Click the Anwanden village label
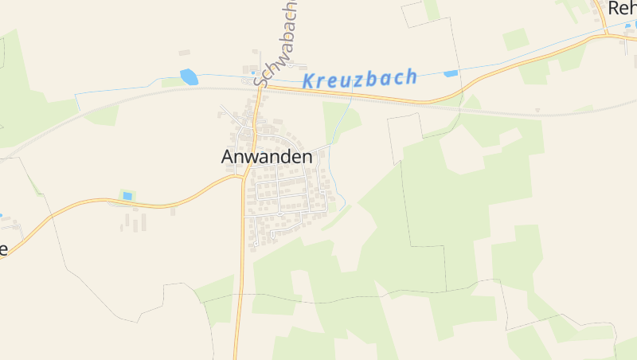click(x=266, y=157)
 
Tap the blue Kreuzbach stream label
click(x=360, y=78)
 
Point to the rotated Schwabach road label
click(x=275, y=44)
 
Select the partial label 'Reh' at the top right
click(x=622, y=8)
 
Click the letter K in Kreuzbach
click(x=309, y=80)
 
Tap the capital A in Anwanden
click(x=229, y=157)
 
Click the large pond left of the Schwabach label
click(x=190, y=76)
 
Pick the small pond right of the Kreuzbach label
click(x=451, y=73)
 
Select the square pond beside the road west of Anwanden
click(x=127, y=196)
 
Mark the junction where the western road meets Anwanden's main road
click(x=242, y=178)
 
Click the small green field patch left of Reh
click(x=515, y=39)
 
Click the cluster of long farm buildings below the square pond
click(x=134, y=221)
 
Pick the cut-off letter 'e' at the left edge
click(x=3, y=248)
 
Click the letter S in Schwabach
click(x=260, y=79)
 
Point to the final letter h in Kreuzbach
click(x=411, y=76)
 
